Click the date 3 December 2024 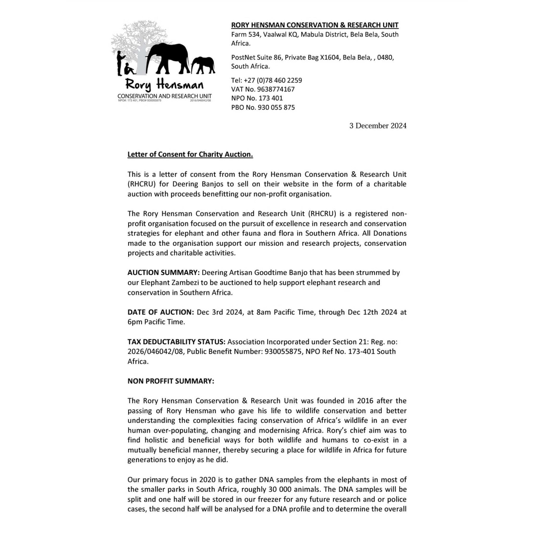tap(378, 126)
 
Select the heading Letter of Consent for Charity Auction tap(190, 154)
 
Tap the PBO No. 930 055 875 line tap(263, 107)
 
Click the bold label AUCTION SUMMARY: tap(163, 273)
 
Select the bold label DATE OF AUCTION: tap(160, 312)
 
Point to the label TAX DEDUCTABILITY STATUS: tap(176, 342)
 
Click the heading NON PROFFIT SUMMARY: tap(171, 381)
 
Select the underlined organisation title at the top tap(315, 25)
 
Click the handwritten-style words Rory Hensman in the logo tap(164, 85)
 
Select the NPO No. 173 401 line tap(257, 98)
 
